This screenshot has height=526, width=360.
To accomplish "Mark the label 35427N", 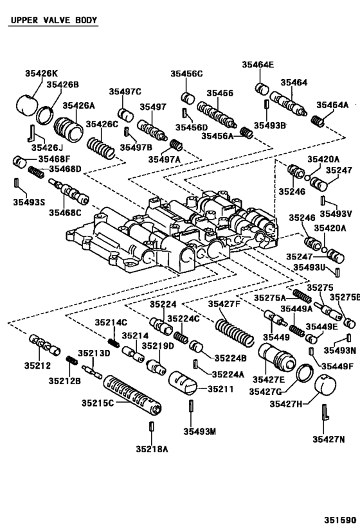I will pyautogui.click(x=328, y=439).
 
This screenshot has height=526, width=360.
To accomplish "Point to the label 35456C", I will pyautogui.click(x=186, y=74).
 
